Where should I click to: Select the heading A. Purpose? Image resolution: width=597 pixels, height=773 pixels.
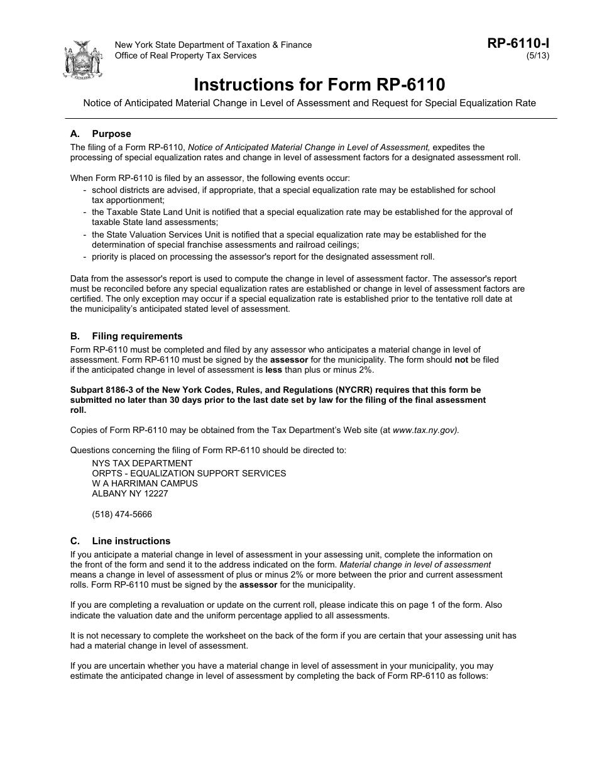click(x=101, y=134)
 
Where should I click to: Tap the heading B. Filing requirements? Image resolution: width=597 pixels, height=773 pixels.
click(x=126, y=336)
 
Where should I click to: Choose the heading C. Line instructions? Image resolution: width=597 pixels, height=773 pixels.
click(x=120, y=541)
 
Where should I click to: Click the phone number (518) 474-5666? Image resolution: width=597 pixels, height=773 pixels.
click(x=122, y=514)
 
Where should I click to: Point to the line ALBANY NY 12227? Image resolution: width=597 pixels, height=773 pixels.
click(x=130, y=493)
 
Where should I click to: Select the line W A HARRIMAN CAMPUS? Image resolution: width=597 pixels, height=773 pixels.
click(x=145, y=483)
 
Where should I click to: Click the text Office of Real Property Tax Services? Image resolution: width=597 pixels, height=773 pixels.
click(x=185, y=55)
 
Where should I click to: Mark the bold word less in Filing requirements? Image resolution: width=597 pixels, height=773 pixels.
click(x=273, y=370)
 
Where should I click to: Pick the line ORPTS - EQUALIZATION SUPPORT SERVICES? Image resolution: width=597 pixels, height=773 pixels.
click(x=189, y=473)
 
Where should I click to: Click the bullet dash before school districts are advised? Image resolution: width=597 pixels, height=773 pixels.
click(x=85, y=190)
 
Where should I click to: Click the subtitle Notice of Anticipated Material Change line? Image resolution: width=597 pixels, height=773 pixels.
click(x=310, y=102)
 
